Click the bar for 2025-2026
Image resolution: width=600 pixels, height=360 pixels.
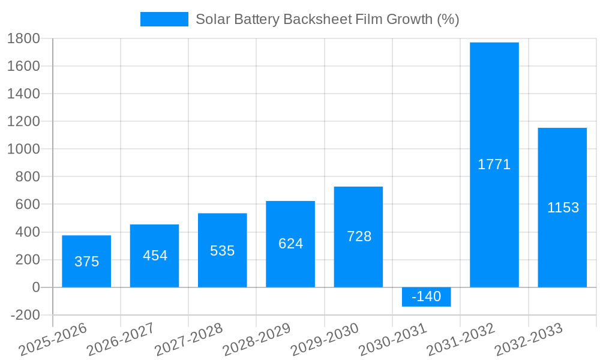point(86,261)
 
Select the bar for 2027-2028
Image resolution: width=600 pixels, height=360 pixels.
point(223,250)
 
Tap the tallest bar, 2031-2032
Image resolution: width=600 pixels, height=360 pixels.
point(494,165)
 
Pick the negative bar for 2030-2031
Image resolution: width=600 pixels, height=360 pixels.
point(426,297)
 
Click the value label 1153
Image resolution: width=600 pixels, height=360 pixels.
point(563,208)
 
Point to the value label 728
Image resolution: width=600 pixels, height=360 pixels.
point(359,236)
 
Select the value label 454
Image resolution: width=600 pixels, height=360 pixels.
point(155,256)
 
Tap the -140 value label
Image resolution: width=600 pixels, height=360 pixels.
point(426,296)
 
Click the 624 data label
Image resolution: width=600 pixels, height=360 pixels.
point(291,244)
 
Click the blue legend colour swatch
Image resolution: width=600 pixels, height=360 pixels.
point(164,19)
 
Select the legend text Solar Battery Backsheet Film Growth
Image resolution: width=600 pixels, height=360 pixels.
point(327,19)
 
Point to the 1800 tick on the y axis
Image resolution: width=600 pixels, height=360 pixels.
point(23,39)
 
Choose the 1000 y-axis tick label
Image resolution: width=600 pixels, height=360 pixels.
point(23,149)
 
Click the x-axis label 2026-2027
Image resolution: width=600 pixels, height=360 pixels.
point(121,340)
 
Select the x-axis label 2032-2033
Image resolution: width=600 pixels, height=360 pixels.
point(529,340)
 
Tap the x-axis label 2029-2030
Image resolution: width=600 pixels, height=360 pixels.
point(325,340)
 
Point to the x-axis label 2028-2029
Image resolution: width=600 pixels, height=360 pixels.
point(257,340)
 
